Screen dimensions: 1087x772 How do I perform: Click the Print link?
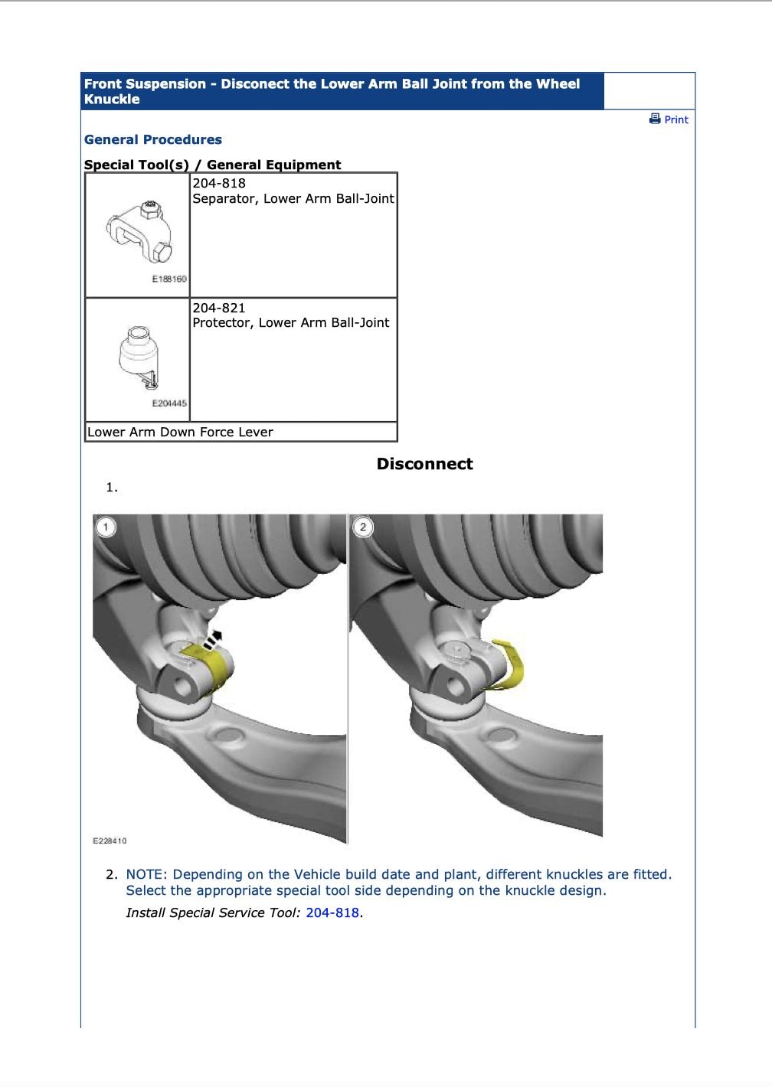coord(676,119)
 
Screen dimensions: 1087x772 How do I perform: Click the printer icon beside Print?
coord(655,119)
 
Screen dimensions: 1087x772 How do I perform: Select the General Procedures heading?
coord(153,139)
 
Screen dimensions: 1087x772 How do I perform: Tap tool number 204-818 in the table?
coord(219,184)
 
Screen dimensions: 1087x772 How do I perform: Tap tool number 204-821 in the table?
coord(219,308)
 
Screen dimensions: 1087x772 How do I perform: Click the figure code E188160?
coord(169,279)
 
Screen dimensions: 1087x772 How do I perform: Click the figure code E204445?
coord(169,403)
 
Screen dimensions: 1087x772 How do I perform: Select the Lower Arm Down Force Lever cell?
coord(181,432)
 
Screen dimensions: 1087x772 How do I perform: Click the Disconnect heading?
coord(424,464)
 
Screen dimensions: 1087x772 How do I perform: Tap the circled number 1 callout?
coord(105,527)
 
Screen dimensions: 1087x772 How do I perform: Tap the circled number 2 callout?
coord(362,527)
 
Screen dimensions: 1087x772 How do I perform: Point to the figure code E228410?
coord(110,841)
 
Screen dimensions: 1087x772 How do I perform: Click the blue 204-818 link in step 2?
coord(332,912)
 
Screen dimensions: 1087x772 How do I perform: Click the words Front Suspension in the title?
coord(145,84)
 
